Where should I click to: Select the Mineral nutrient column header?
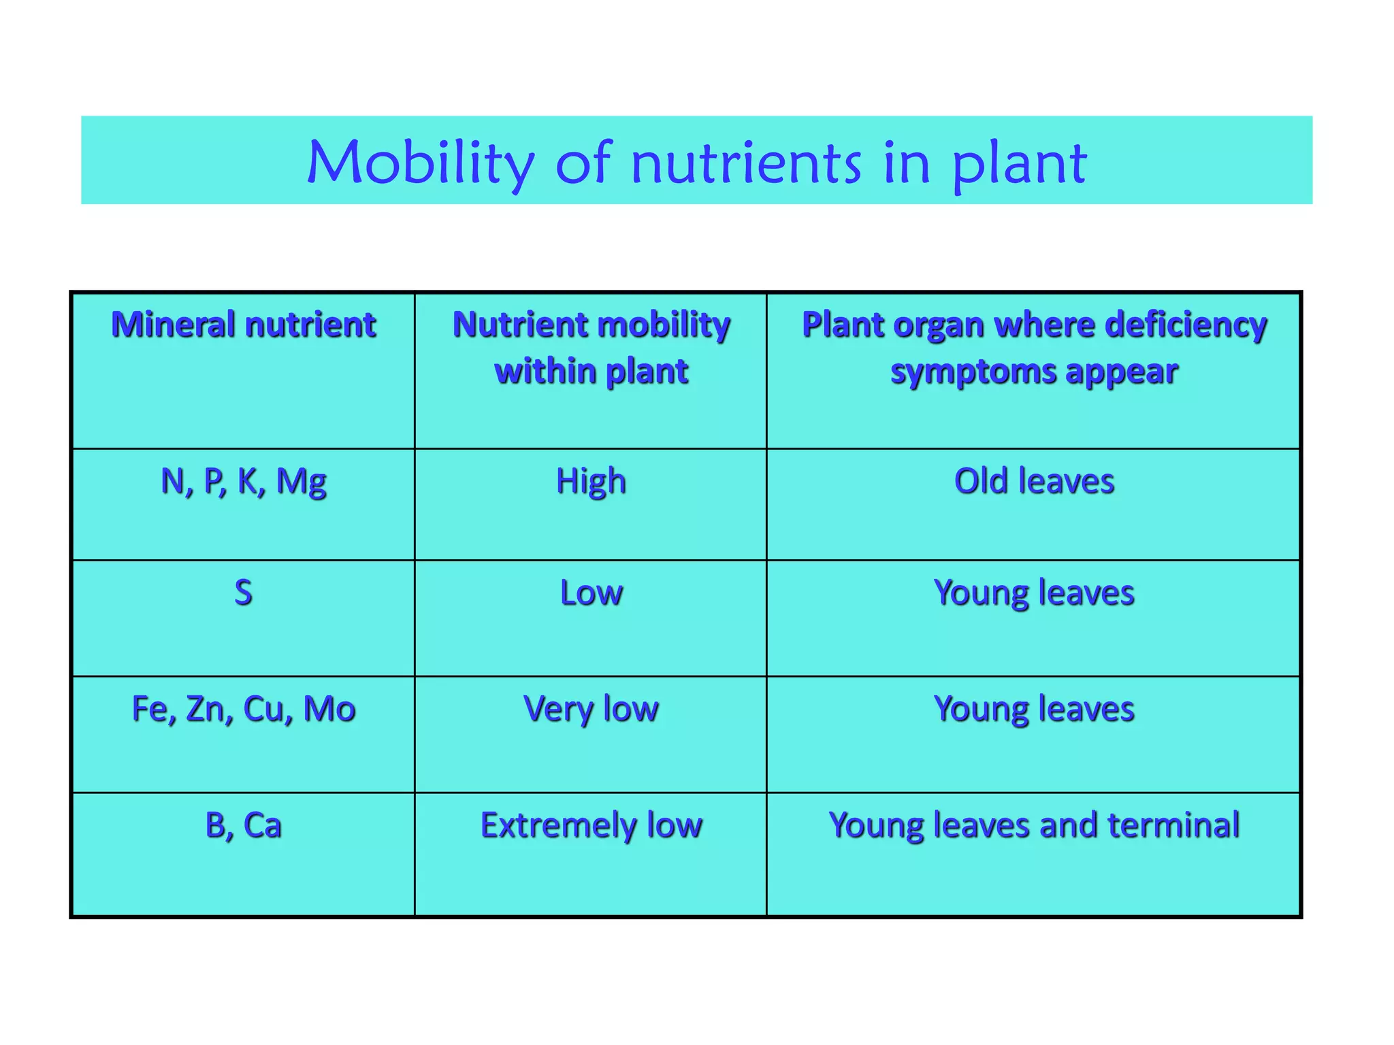[243, 325]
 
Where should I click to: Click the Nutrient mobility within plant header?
[591, 348]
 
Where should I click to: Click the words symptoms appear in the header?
[1034, 371]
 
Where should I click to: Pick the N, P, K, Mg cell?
[243, 481]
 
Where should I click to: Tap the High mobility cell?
[591, 481]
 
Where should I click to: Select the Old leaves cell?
[1034, 481]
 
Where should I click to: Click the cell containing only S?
[243, 592]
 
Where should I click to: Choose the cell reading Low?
[591, 592]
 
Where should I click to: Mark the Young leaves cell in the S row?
[1034, 592]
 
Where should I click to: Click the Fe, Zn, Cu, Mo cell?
[243, 709]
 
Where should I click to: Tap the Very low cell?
[591, 709]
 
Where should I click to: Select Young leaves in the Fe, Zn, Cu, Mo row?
[1034, 709]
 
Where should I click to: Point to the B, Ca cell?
[243, 825]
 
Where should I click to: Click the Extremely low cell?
[591, 825]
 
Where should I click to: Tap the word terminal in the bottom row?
[1173, 825]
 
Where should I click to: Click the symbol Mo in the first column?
[329, 709]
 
